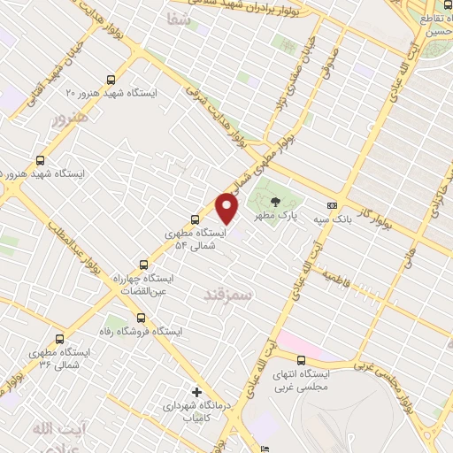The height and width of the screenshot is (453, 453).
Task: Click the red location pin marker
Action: coord(227,206)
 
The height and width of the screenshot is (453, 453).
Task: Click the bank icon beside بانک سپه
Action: coord(332,203)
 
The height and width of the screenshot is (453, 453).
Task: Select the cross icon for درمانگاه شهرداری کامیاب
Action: coord(196,390)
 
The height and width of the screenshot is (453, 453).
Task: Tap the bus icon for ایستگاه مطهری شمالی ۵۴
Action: coord(196,219)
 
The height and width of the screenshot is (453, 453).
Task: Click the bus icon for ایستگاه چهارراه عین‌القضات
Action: coord(145,264)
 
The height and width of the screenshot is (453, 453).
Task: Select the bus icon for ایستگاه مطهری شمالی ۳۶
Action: coord(59,338)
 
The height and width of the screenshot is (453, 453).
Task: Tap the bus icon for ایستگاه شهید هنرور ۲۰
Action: coord(110,78)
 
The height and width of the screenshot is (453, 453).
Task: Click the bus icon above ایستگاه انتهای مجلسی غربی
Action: coord(301,360)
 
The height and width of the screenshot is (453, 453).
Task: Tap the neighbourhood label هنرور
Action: coord(70,117)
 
